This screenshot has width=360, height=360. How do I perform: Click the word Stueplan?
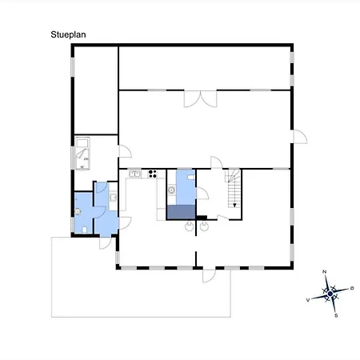68,34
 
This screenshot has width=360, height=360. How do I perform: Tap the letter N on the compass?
325,272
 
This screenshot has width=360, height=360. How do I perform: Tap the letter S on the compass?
336,315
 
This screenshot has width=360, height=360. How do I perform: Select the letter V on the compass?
308,300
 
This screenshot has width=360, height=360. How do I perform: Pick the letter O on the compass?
352,288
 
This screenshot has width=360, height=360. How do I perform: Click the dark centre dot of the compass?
330,294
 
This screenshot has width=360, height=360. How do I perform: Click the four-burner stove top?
153,174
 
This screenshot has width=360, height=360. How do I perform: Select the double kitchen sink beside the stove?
135,174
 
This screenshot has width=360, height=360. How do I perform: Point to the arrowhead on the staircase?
234,205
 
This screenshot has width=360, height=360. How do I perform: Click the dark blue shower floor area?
181,212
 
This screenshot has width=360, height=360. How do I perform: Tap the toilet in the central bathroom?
191,177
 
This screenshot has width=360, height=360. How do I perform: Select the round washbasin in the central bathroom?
171,190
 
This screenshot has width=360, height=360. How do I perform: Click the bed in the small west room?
82,153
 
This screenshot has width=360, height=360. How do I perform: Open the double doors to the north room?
200,98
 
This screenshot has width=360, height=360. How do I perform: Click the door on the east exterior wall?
300,137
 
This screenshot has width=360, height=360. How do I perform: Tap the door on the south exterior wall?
209,275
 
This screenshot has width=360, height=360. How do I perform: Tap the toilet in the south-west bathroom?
85,230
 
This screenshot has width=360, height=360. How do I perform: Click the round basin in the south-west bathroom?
78,212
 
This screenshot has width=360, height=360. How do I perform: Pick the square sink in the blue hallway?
113,198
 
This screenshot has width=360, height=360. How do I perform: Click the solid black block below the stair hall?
202,218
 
